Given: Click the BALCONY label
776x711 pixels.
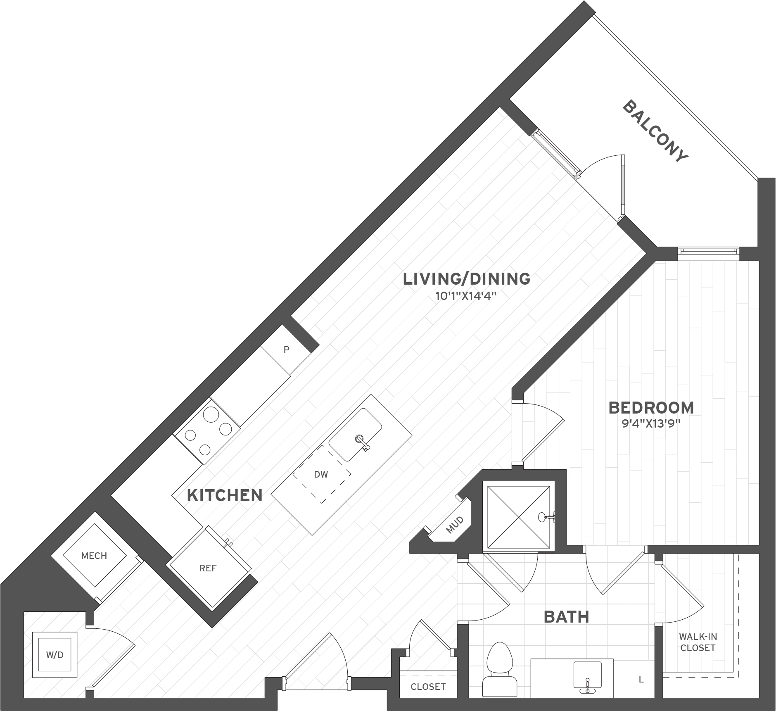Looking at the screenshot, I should pyautogui.click(x=655, y=131).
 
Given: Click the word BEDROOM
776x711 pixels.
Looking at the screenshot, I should pyautogui.click(x=651, y=408).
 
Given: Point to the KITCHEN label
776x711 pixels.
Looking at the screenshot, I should pyautogui.click(x=225, y=495).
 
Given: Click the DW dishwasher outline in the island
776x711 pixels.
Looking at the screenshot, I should pyautogui.click(x=321, y=475).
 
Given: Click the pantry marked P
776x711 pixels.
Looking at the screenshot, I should pyautogui.click(x=286, y=350).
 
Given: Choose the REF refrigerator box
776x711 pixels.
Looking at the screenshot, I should pyautogui.click(x=208, y=568).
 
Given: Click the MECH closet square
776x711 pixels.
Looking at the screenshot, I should pyautogui.click(x=94, y=556).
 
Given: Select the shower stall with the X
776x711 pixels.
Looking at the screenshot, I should pyautogui.click(x=519, y=518).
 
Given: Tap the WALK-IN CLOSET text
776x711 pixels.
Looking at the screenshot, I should pyautogui.click(x=698, y=642).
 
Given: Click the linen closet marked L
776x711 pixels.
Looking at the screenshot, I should pyautogui.click(x=641, y=679).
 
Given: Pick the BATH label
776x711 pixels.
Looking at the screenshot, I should pyautogui.click(x=566, y=617).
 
